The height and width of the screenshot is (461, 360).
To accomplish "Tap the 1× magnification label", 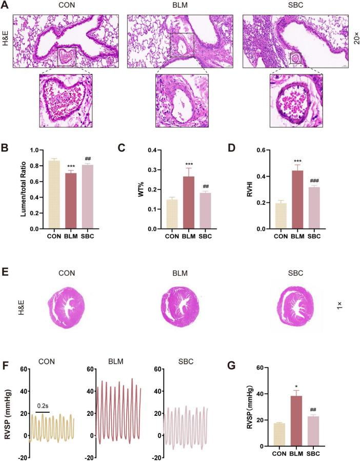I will (x=339, y=304).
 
